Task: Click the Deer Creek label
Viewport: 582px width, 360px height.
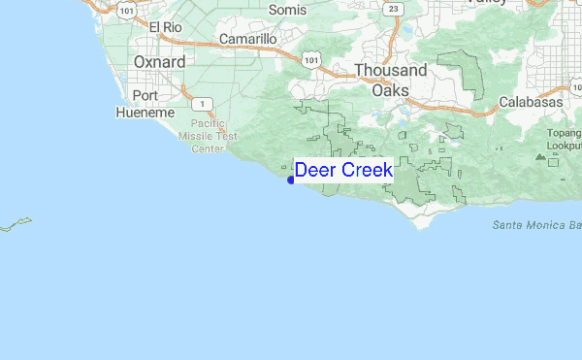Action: [343, 170]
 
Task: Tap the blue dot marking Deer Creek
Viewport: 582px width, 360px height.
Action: [291, 180]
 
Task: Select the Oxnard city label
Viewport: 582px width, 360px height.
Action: [159, 61]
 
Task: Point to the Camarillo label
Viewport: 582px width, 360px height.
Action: [248, 39]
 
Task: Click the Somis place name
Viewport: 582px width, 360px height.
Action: [288, 9]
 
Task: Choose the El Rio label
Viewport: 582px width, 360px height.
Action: [166, 27]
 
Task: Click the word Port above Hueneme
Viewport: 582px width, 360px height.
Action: [145, 95]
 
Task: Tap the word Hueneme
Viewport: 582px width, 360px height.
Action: [145, 113]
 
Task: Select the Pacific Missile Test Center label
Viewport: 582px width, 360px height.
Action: [214, 136]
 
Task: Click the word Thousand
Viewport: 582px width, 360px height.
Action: [390, 71]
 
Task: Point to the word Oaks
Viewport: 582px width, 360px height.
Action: [390, 89]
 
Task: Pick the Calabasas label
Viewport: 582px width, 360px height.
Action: [531, 102]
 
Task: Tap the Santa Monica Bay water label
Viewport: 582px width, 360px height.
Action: [536, 225]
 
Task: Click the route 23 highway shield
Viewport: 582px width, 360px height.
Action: [392, 9]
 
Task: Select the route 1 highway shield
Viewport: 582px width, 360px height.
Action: [201, 103]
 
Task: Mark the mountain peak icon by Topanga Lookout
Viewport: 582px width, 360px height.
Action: [541, 156]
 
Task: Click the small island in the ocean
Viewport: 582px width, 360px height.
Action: [16, 225]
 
